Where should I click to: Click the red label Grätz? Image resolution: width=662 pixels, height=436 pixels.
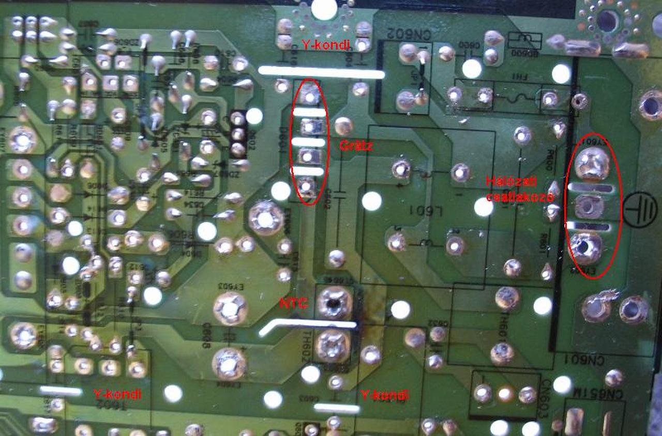click(356, 146)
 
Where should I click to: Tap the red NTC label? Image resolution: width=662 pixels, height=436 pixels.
click(293, 304)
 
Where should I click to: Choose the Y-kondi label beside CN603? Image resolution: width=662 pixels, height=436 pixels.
click(384, 396)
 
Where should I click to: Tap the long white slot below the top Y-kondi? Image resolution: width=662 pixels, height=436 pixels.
click(321, 72)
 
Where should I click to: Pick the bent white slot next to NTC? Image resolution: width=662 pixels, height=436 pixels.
click(308, 326)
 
